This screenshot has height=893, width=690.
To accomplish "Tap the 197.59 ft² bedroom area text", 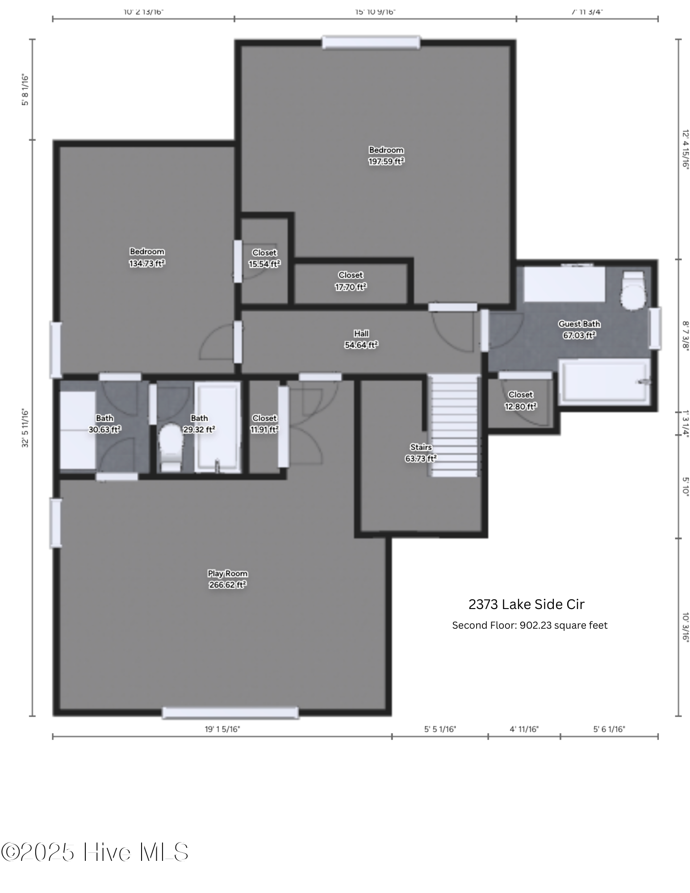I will [386, 162].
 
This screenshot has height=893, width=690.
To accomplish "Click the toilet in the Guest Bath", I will [634, 291].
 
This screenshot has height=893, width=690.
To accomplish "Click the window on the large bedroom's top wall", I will [371, 42].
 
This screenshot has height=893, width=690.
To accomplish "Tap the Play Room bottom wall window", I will [230, 713].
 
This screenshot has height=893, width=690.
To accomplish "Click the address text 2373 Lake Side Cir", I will [526, 605].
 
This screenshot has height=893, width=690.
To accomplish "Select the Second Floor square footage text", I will [530, 626].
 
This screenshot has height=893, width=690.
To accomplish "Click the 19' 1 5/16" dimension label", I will [222, 729].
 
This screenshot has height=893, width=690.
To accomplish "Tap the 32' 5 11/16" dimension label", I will [25, 428].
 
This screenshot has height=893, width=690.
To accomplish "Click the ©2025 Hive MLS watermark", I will [95, 852].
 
